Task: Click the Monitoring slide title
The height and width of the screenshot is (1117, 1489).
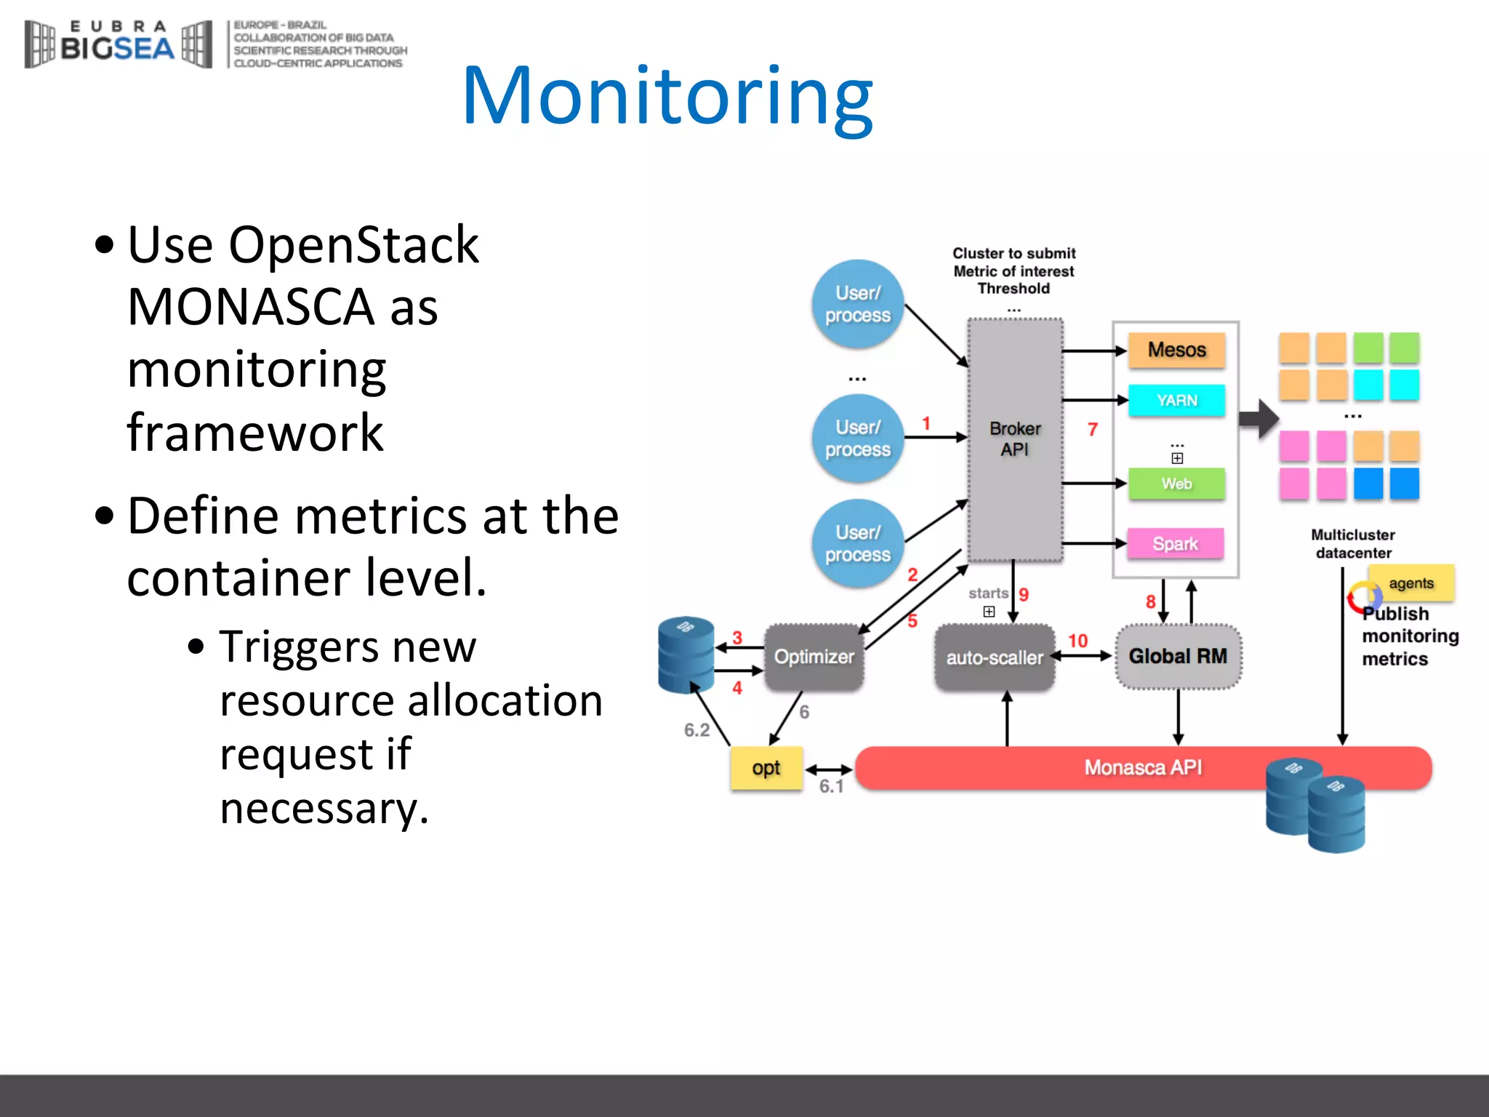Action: coord(667,96)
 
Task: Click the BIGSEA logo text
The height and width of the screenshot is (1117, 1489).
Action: coord(117,48)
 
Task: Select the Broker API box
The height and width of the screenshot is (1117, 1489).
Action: coord(1015,439)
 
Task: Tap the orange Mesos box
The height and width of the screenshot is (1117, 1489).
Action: coord(1176,350)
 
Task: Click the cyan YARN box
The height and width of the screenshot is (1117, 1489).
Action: coord(1176,401)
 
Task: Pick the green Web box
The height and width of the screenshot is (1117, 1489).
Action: coord(1176,484)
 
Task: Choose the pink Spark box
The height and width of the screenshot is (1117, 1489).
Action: coord(1175,543)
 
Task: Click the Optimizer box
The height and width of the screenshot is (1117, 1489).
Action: coord(814,657)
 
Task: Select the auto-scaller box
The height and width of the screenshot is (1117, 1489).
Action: coord(994,657)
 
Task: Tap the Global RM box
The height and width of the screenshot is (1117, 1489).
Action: coord(1178,656)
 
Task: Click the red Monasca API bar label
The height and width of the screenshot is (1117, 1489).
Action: coord(1143,767)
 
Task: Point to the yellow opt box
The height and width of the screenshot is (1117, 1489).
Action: coord(766,768)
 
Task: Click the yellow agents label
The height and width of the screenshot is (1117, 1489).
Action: coord(1410,583)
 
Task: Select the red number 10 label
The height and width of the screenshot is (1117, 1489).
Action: coord(1077,641)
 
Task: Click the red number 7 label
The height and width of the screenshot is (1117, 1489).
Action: coord(1092,430)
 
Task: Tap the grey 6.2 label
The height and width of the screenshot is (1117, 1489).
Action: coord(697,730)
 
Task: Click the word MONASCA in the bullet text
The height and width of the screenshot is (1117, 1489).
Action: coord(250,307)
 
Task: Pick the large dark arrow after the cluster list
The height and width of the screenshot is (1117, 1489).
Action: coord(1259,419)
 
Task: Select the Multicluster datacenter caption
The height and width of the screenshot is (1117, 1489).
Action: coord(1353,544)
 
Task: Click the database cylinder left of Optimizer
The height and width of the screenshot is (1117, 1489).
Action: coord(686,654)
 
